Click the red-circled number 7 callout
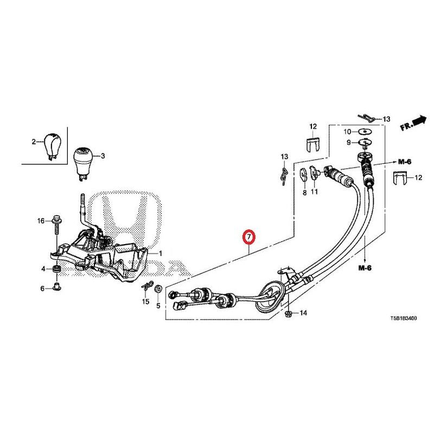(248, 237)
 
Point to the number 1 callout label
(159, 253)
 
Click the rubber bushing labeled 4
(57, 269)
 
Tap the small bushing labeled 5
(158, 289)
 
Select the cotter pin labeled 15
(146, 288)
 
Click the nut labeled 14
(289, 314)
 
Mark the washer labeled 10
(365, 131)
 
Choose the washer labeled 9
(365, 143)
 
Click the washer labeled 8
(304, 174)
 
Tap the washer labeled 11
(314, 173)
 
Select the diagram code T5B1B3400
(403, 318)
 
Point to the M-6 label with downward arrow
(365, 267)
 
